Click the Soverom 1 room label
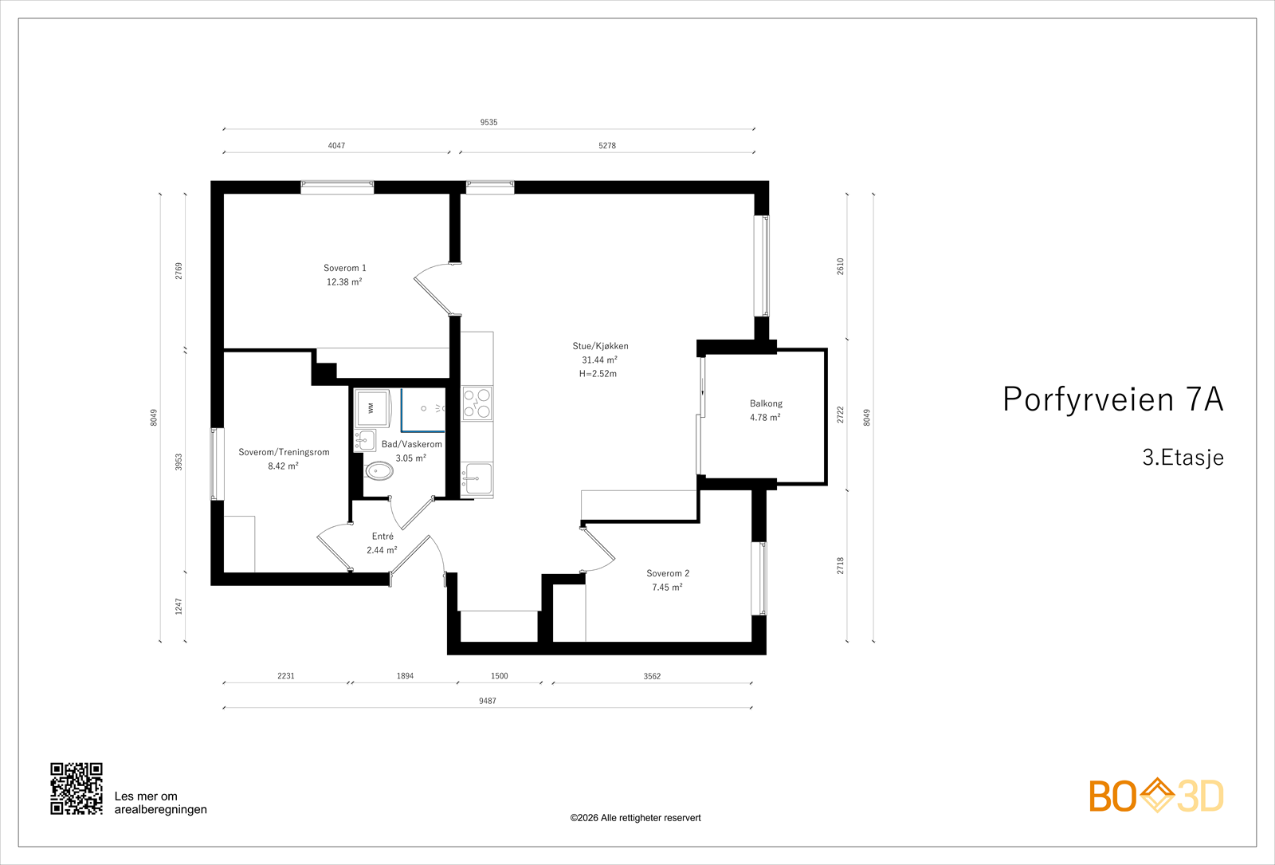(344, 268)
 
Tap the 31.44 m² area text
(599, 360)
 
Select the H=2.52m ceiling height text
(598, 374)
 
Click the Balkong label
(766, 403)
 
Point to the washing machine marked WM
(372, 407)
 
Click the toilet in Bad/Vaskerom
(379, 471)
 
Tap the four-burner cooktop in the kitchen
(477, 403)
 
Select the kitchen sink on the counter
(478, 479)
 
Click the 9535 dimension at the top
(488, 122)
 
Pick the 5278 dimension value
(607, 146)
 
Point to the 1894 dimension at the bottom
(405, 676)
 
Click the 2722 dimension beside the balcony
(840, 415)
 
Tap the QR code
(76, 788)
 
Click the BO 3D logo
(1155, 796)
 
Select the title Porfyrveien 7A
(1112, 399)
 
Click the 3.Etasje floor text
(1183, 458)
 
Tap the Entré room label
(382, 537)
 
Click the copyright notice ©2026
(635, 818)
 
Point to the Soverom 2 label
(668, 573)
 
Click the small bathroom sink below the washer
(365, 440)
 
